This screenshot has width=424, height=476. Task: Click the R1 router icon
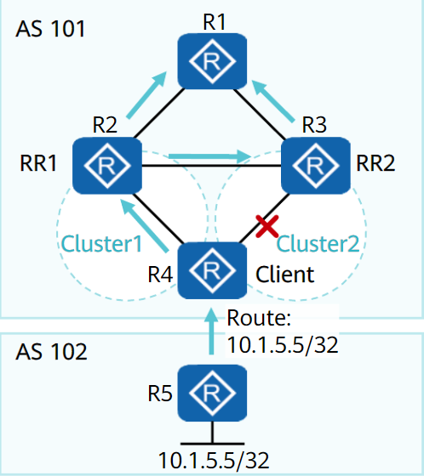click(212, 61)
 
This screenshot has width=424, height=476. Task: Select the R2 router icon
click(107, 166)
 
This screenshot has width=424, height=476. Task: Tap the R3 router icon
click(316, 166)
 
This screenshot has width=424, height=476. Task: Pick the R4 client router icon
click(212, 270)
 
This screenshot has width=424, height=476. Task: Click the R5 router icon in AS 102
click(212, 393)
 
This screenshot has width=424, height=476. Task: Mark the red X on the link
click(267, 226)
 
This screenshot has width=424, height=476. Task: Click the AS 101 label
click(50, 29)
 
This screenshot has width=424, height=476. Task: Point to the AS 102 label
click(51, 352)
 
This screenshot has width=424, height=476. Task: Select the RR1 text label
click(38, 163)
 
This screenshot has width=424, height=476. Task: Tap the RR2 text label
click(375, 163)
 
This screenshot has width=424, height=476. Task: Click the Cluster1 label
click(101, 244)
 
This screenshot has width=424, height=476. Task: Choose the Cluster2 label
click(318, 244)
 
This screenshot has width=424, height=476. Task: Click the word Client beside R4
click(284, 275)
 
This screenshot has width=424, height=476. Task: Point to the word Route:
click(259, 318)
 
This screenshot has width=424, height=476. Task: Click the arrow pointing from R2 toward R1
click(146, 94)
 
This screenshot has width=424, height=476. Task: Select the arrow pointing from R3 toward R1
click(272, 101)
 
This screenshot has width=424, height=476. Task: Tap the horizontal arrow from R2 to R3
click(209, 156)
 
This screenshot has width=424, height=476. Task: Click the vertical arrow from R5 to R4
click(211, 331)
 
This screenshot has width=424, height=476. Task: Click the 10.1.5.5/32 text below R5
click(214, 461)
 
